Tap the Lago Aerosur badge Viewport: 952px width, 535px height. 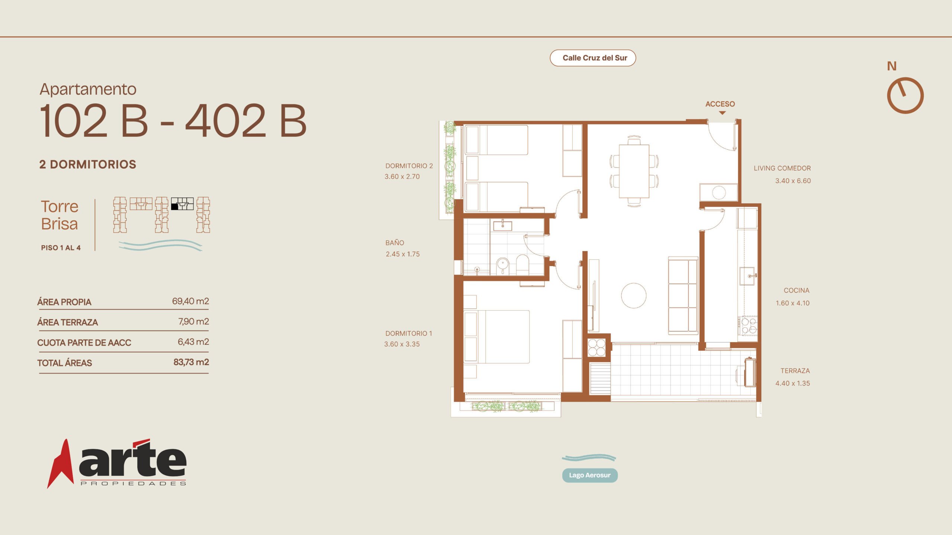[x=590, y=475]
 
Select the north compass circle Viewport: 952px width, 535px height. [x=905, y=95]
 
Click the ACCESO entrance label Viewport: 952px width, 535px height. [x=720, y=104]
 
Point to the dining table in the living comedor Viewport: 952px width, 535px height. [x=634, y=171]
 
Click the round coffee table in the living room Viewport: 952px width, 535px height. [x=634, y=295]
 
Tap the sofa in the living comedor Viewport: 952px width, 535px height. [x=683, y=295]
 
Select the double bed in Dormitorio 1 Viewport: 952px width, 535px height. [x=497, y=337]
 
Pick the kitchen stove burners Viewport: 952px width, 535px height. [x=748, y=326]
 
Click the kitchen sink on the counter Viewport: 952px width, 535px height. [x=747, y=276]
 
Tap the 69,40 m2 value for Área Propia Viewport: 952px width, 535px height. [x=190, y=301]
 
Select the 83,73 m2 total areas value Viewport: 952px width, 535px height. [x=191, y=362]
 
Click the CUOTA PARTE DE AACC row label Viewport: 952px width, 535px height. [x=84, y=343]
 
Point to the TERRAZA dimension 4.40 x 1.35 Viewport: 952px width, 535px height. [x=792, y=383]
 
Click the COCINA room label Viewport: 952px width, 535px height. [x=797, y=291]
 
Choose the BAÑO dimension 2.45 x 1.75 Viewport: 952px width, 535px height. [x=403, y=254]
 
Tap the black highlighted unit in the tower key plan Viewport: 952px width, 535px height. [x=174, y=207]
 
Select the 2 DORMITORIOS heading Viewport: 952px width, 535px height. [x=88, y=164]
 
